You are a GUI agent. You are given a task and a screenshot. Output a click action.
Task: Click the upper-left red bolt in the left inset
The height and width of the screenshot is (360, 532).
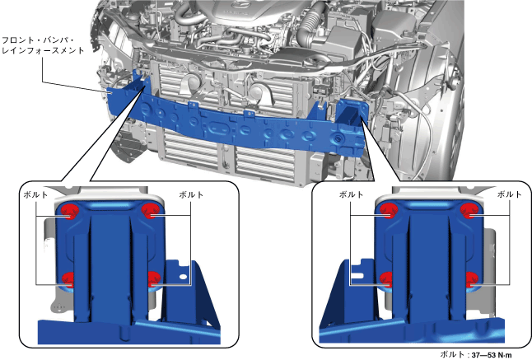tap(69, 212)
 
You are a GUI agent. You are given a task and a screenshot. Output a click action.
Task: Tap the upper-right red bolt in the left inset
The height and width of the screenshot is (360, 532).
tap(149, 211)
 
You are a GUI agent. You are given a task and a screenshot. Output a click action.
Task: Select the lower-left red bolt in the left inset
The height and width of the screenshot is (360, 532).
tap(68, 279)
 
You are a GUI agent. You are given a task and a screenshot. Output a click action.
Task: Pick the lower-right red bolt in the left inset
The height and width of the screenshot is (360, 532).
tap(154, 279)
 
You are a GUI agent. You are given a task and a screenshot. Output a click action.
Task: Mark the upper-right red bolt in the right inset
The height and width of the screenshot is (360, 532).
tap(469, 210)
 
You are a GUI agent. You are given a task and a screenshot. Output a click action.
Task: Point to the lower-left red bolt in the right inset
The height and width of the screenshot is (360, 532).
tap(386, 279)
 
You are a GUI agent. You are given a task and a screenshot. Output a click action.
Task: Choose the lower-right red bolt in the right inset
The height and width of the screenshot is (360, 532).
tap(472, 279)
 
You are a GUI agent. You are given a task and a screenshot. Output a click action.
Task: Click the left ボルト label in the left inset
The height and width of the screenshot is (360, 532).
tap(35, 194)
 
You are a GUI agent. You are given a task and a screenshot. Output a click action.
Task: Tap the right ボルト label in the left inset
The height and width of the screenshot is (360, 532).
tap(191, 194)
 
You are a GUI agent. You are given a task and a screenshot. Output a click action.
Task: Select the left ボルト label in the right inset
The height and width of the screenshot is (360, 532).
tap(351, 194)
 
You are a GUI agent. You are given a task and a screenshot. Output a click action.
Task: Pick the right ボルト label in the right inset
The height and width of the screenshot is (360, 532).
tap(509, 194)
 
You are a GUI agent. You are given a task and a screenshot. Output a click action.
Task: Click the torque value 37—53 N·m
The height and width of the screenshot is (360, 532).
tap(492, 355)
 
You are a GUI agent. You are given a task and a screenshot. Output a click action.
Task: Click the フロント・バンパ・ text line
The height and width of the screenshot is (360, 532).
tap(39, 40)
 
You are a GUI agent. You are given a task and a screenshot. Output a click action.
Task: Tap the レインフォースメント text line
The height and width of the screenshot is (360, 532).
tap(43, 51)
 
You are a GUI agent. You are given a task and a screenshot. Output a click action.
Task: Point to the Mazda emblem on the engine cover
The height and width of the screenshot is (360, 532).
tap(235, 5)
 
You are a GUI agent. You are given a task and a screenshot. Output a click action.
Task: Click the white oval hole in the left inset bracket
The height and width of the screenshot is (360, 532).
tap(183, 277)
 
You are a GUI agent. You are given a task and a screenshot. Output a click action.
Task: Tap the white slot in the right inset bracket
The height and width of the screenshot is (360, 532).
tap(357, 276)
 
